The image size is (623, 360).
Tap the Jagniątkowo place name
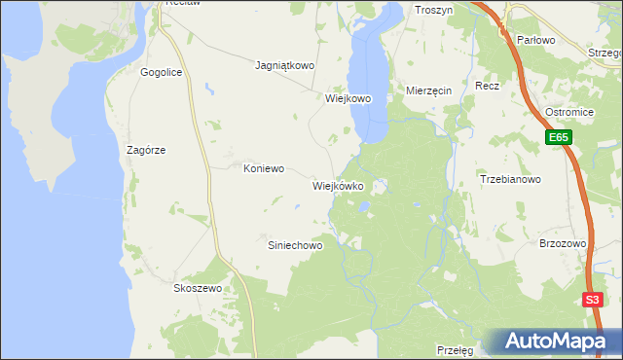[x=284, y=66]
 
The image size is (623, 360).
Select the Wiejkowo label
[x=348, y=98]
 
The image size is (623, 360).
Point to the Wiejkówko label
[x=338, y=185]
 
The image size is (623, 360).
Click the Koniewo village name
[x=263, y=167]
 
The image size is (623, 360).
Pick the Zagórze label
[x=146, y=150]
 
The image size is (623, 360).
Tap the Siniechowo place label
[x=295, y=246]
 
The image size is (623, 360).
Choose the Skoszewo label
[x=199, y=289]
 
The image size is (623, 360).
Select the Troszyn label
[x=435, y=10]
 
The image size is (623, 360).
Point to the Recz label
[x=488, y=86]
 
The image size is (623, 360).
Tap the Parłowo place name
[x=535, y=40]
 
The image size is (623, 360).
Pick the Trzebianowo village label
[x=510, y=179]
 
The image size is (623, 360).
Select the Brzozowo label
[x=562, y=244]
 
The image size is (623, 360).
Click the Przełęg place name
[x=455, y=348]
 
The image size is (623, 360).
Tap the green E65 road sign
[x=558, y=139]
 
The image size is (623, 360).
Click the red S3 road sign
[x=593, y=300]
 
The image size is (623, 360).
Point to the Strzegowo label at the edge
[x=605, y=53]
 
